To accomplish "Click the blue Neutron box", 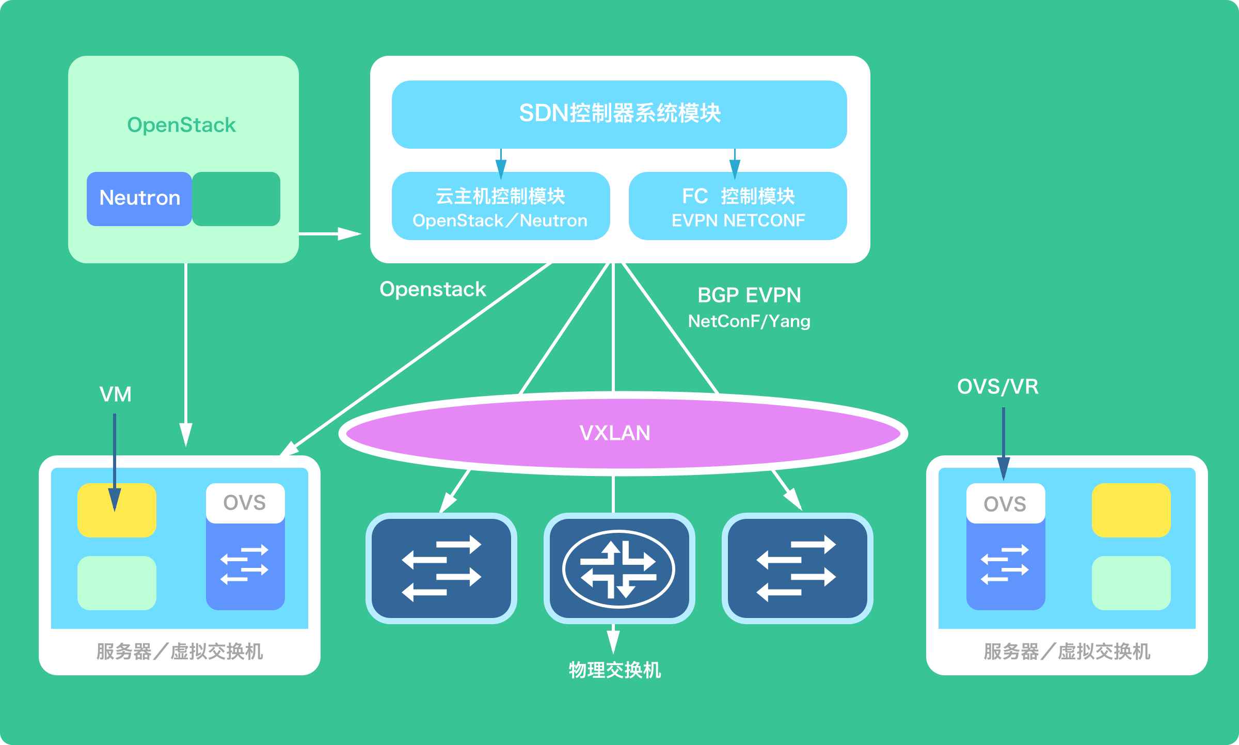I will pos(139,199).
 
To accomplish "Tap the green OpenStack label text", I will pos(181,125).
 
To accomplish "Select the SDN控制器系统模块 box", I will pos(619,114).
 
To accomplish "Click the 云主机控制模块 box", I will pos(500,206).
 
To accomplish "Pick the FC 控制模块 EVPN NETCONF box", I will pos(738,206).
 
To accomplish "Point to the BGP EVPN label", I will pos(749,295).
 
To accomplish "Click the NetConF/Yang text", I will pos(749,321).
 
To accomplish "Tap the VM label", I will pos(115,394).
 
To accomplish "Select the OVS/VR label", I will pos(997,387).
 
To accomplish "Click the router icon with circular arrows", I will pos(618,569).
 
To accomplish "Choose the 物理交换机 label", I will pos(614,670).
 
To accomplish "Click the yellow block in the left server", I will pos(117,510).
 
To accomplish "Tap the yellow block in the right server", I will pos(1131,510).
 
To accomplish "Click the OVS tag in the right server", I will pos(1005,503).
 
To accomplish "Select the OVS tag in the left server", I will pos(245,502).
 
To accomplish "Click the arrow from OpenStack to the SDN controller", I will pos(330,234).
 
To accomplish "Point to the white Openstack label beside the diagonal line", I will pos(433,289).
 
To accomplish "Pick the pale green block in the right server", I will pos(1131,583).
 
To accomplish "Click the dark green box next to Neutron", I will pos(236,199).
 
